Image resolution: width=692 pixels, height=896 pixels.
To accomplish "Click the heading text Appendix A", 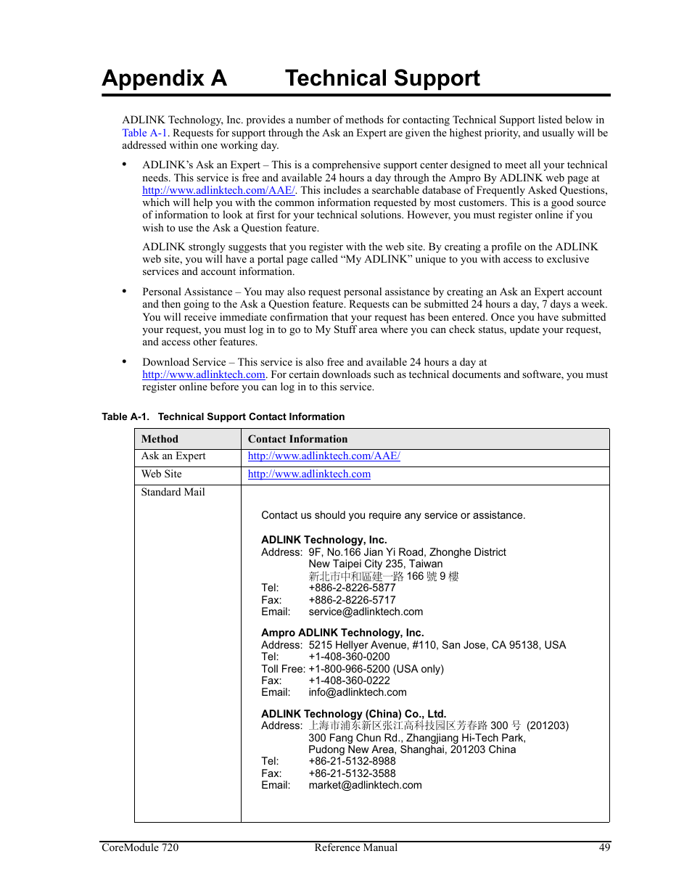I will [164, 78].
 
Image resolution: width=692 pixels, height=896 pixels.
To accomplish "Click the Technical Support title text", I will [382, 78].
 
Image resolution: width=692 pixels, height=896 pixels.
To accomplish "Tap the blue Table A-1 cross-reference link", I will [144, 133].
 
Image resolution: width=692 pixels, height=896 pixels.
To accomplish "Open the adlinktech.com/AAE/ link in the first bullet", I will [218, 190].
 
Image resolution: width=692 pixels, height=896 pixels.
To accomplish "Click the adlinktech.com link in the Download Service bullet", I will [203, 374].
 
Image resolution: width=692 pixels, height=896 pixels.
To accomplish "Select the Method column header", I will [160, 439].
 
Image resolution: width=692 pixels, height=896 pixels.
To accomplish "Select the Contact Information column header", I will [297, 439].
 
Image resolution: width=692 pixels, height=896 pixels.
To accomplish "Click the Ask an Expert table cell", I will [173, 456].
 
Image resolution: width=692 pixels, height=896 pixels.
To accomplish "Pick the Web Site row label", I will [162, 474].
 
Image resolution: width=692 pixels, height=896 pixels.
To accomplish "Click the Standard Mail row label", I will [173, 492].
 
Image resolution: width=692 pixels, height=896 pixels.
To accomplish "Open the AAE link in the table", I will [324, 456].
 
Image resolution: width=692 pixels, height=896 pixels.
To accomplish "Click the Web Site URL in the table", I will [309, 474].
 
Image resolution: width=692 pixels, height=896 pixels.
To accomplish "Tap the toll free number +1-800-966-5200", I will [349, 669].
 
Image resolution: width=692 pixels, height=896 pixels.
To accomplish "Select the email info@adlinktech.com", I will [358, 692].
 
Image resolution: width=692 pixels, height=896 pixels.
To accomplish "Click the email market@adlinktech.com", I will [365, 785].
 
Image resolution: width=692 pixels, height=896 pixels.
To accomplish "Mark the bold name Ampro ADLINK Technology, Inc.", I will [342, 633].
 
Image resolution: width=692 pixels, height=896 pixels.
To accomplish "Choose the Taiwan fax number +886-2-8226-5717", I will [352, 600].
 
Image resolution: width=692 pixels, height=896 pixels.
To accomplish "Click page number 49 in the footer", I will [604, 847].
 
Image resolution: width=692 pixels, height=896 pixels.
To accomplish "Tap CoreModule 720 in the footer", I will [140, 847].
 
